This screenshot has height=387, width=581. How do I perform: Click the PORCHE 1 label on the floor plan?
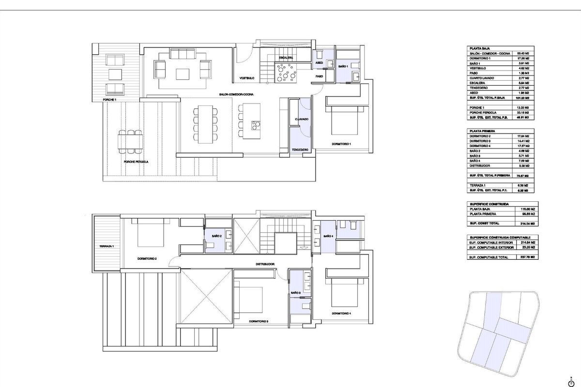point(109,100)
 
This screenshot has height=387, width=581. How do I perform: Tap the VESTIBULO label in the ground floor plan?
point(247,78)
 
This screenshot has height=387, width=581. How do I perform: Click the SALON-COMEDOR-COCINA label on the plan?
point(237,94)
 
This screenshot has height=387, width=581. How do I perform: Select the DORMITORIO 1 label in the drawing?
point(341,144)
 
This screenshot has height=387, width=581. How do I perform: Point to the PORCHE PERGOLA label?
point(136,162)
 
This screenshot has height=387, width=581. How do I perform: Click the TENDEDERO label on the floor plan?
point(300,150)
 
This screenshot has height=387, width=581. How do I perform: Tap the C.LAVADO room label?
point(301,119)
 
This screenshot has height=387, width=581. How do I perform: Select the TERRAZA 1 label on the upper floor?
point(107,246)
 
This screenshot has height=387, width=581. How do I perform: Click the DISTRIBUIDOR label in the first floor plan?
point(266,264)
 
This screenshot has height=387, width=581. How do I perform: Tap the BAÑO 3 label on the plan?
point(296,293)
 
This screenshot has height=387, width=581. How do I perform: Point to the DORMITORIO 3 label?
point(259,321)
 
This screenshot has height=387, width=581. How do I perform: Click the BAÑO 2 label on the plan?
point(216,236)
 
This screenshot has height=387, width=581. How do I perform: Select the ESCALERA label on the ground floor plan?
point(286,58)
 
